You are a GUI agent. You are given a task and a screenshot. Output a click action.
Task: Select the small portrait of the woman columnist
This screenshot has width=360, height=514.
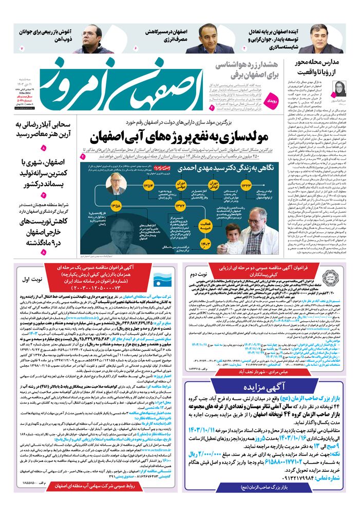click(x=325, y=87)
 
